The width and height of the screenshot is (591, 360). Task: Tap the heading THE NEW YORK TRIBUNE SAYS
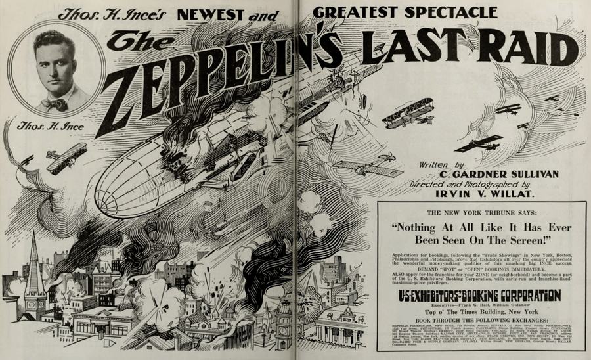click(x=481, y=214)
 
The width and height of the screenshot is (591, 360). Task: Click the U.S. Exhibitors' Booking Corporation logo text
click(x=481, y=296)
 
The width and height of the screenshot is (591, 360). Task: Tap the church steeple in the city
click(x=34, y=263)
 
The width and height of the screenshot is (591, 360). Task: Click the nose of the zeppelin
click(x=105, y=197)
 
